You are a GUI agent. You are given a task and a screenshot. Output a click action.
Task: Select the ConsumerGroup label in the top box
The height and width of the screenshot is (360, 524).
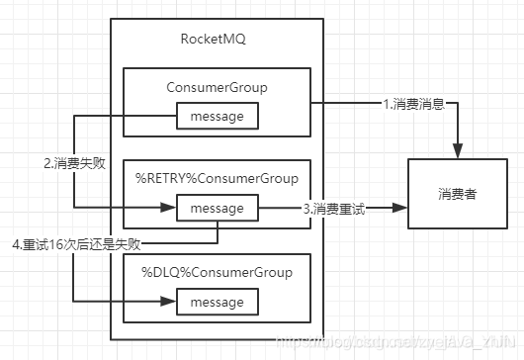(218, 88)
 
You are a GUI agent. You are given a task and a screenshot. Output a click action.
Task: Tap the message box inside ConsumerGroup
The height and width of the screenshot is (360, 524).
(218, 118)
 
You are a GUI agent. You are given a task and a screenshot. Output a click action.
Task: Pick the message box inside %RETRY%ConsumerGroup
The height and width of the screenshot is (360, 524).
(218, 209)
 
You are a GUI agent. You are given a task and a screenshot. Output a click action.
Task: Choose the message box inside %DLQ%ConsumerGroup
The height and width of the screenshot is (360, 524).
(218, 301)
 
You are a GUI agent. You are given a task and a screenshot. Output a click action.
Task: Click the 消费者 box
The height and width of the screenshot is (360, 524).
(456, 194)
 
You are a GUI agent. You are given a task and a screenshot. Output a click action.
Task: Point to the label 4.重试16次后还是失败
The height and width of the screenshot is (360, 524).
(73, 243)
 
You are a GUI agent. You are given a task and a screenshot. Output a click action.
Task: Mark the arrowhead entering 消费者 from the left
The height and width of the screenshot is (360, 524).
(400, 209)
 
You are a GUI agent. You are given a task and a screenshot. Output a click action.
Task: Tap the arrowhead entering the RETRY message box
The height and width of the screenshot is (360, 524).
(169, 209)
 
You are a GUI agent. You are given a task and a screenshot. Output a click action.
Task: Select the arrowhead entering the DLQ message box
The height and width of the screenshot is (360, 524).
(169, 301)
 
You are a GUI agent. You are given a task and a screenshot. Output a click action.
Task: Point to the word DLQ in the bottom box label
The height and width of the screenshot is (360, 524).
(163, 270)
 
